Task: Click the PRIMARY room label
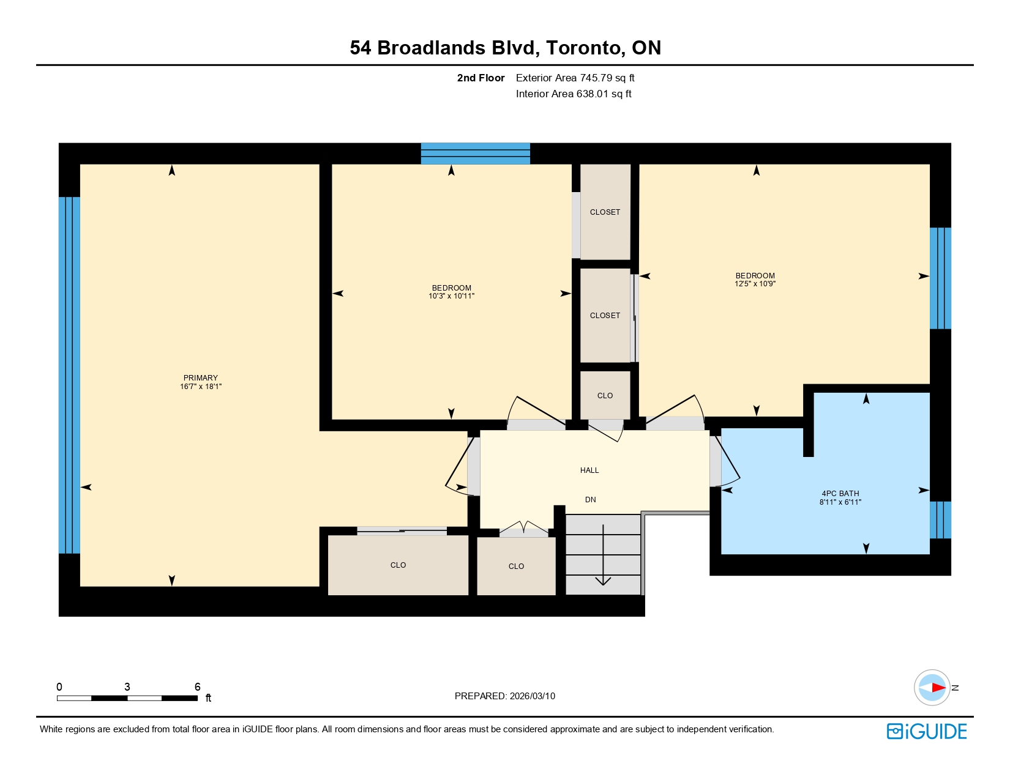pos(200,377)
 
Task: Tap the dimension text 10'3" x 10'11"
pos(451,296)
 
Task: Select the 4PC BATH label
pos(840,493)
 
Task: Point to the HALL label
pos(589,470)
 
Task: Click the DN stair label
pos(590,500)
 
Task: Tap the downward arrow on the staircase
pos(603,555)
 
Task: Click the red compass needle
pos(938,688)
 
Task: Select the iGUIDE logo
pos(926,731)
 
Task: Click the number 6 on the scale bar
pos(198,686)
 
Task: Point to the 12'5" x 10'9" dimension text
pos(755,284)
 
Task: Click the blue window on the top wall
pos(476,154)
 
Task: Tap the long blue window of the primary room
pos(69,376)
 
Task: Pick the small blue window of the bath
pos(940,520)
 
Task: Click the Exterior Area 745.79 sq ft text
pos(575,78)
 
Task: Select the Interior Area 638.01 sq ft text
pos(574,94)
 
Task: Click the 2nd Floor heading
pos(481,78)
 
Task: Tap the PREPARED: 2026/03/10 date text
pos(505,696)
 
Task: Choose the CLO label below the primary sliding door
pos(398,565)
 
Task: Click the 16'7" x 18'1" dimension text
pos(201,387)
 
